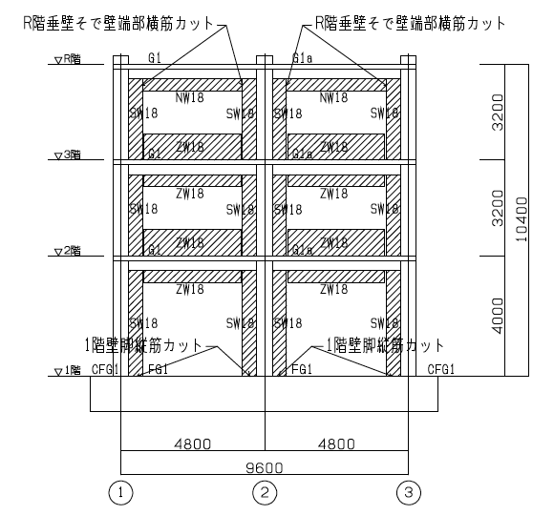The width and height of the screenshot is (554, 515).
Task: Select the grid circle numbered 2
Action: tap(264, 493)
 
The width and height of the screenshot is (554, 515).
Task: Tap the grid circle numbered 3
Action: tap(407, 493)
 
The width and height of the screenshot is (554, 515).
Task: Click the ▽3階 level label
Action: tap(68, 154)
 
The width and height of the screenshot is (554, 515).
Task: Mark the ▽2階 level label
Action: tap(68, 251)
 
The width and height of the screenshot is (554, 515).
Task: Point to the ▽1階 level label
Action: tap(68, 370)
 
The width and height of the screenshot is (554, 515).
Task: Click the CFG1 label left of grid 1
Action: tap(105, 369)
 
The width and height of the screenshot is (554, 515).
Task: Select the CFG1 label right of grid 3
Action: tap(440, 369)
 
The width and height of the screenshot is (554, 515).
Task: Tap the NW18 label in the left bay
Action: tap(189, 97)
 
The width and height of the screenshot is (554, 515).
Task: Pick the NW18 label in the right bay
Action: tap(333, 97)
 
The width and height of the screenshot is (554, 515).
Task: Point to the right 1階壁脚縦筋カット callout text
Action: tap(386, 343)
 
